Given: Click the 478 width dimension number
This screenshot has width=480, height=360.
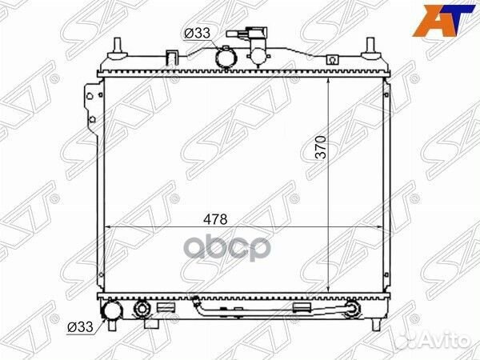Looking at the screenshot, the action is click(216, 219).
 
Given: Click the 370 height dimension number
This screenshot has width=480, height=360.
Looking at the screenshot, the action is click(321, 147).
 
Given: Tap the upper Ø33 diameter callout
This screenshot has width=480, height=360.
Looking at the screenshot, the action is click(197, 33).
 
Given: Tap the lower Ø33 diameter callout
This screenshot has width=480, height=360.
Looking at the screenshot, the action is click(80, 326).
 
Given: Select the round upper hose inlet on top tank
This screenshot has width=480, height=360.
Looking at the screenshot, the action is click(227, 58).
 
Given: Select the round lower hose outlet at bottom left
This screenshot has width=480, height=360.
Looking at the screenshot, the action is click(112, 311).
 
